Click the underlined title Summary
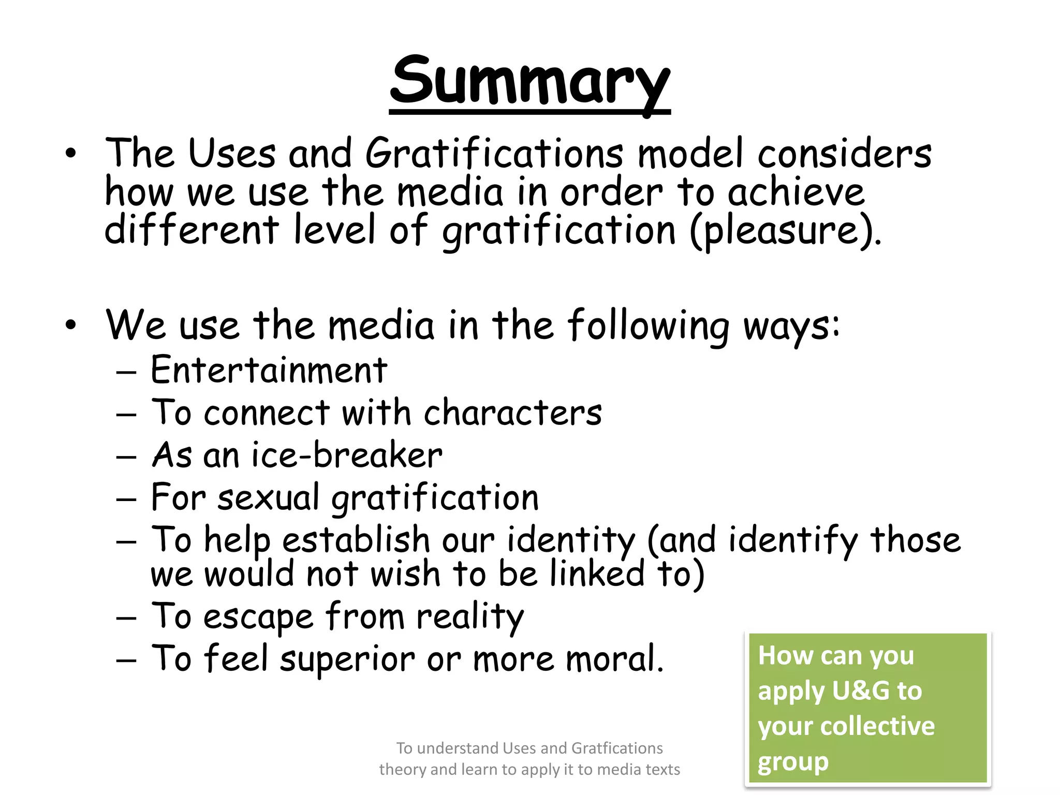529,83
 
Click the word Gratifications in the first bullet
494,154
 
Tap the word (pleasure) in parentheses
785,231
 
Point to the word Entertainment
269,370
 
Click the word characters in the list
512,413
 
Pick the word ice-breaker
347,455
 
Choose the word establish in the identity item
356,540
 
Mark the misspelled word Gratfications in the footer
617,748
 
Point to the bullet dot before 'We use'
71,325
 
